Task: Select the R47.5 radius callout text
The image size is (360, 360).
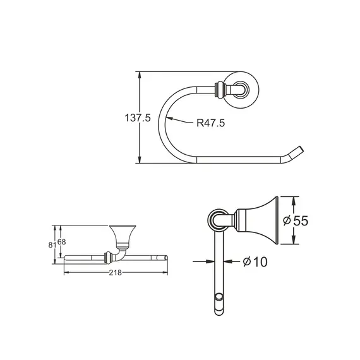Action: [210, 124]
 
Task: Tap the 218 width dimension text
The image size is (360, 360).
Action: [116, 272]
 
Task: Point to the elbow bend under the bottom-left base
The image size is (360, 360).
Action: [119, 253]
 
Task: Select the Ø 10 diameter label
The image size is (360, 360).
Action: [254, 261]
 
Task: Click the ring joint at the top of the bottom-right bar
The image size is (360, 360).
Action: [219, 220]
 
